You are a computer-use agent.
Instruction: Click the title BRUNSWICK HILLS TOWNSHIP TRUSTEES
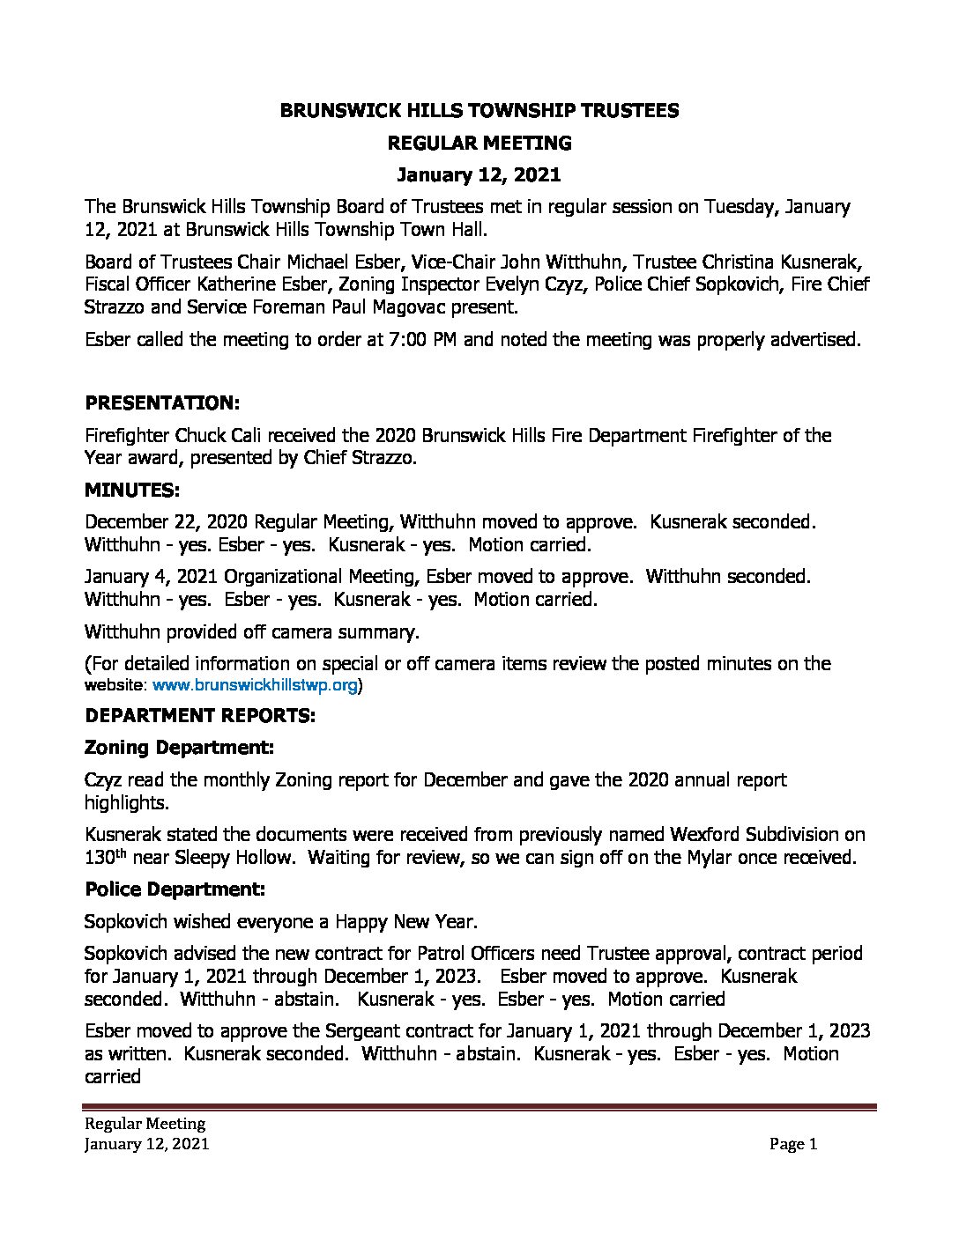tap(479, 110)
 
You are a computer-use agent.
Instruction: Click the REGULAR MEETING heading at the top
tap(479, 143)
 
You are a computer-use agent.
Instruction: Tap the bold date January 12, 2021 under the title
tap(479, 174)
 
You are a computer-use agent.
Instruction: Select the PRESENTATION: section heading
tap(162, 402)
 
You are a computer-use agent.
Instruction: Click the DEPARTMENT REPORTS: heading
tap(199, 715)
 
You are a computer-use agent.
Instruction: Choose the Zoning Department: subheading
tap(180, 747)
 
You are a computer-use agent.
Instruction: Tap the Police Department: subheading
tap(175, 889)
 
